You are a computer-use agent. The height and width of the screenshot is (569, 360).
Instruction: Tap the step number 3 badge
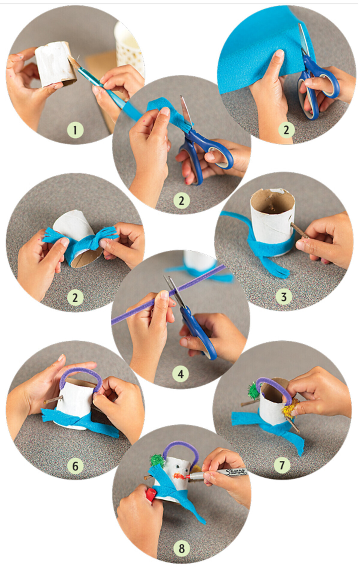(x=283, y=297)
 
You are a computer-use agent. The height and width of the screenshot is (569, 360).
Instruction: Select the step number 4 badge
(x=180, y=374)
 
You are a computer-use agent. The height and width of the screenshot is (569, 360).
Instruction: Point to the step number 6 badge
(x=75, y=466)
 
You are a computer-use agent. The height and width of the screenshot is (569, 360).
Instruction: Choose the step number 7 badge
(x=282, y=465)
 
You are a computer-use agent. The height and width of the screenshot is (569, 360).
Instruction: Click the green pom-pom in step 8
(x=157, y=460)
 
